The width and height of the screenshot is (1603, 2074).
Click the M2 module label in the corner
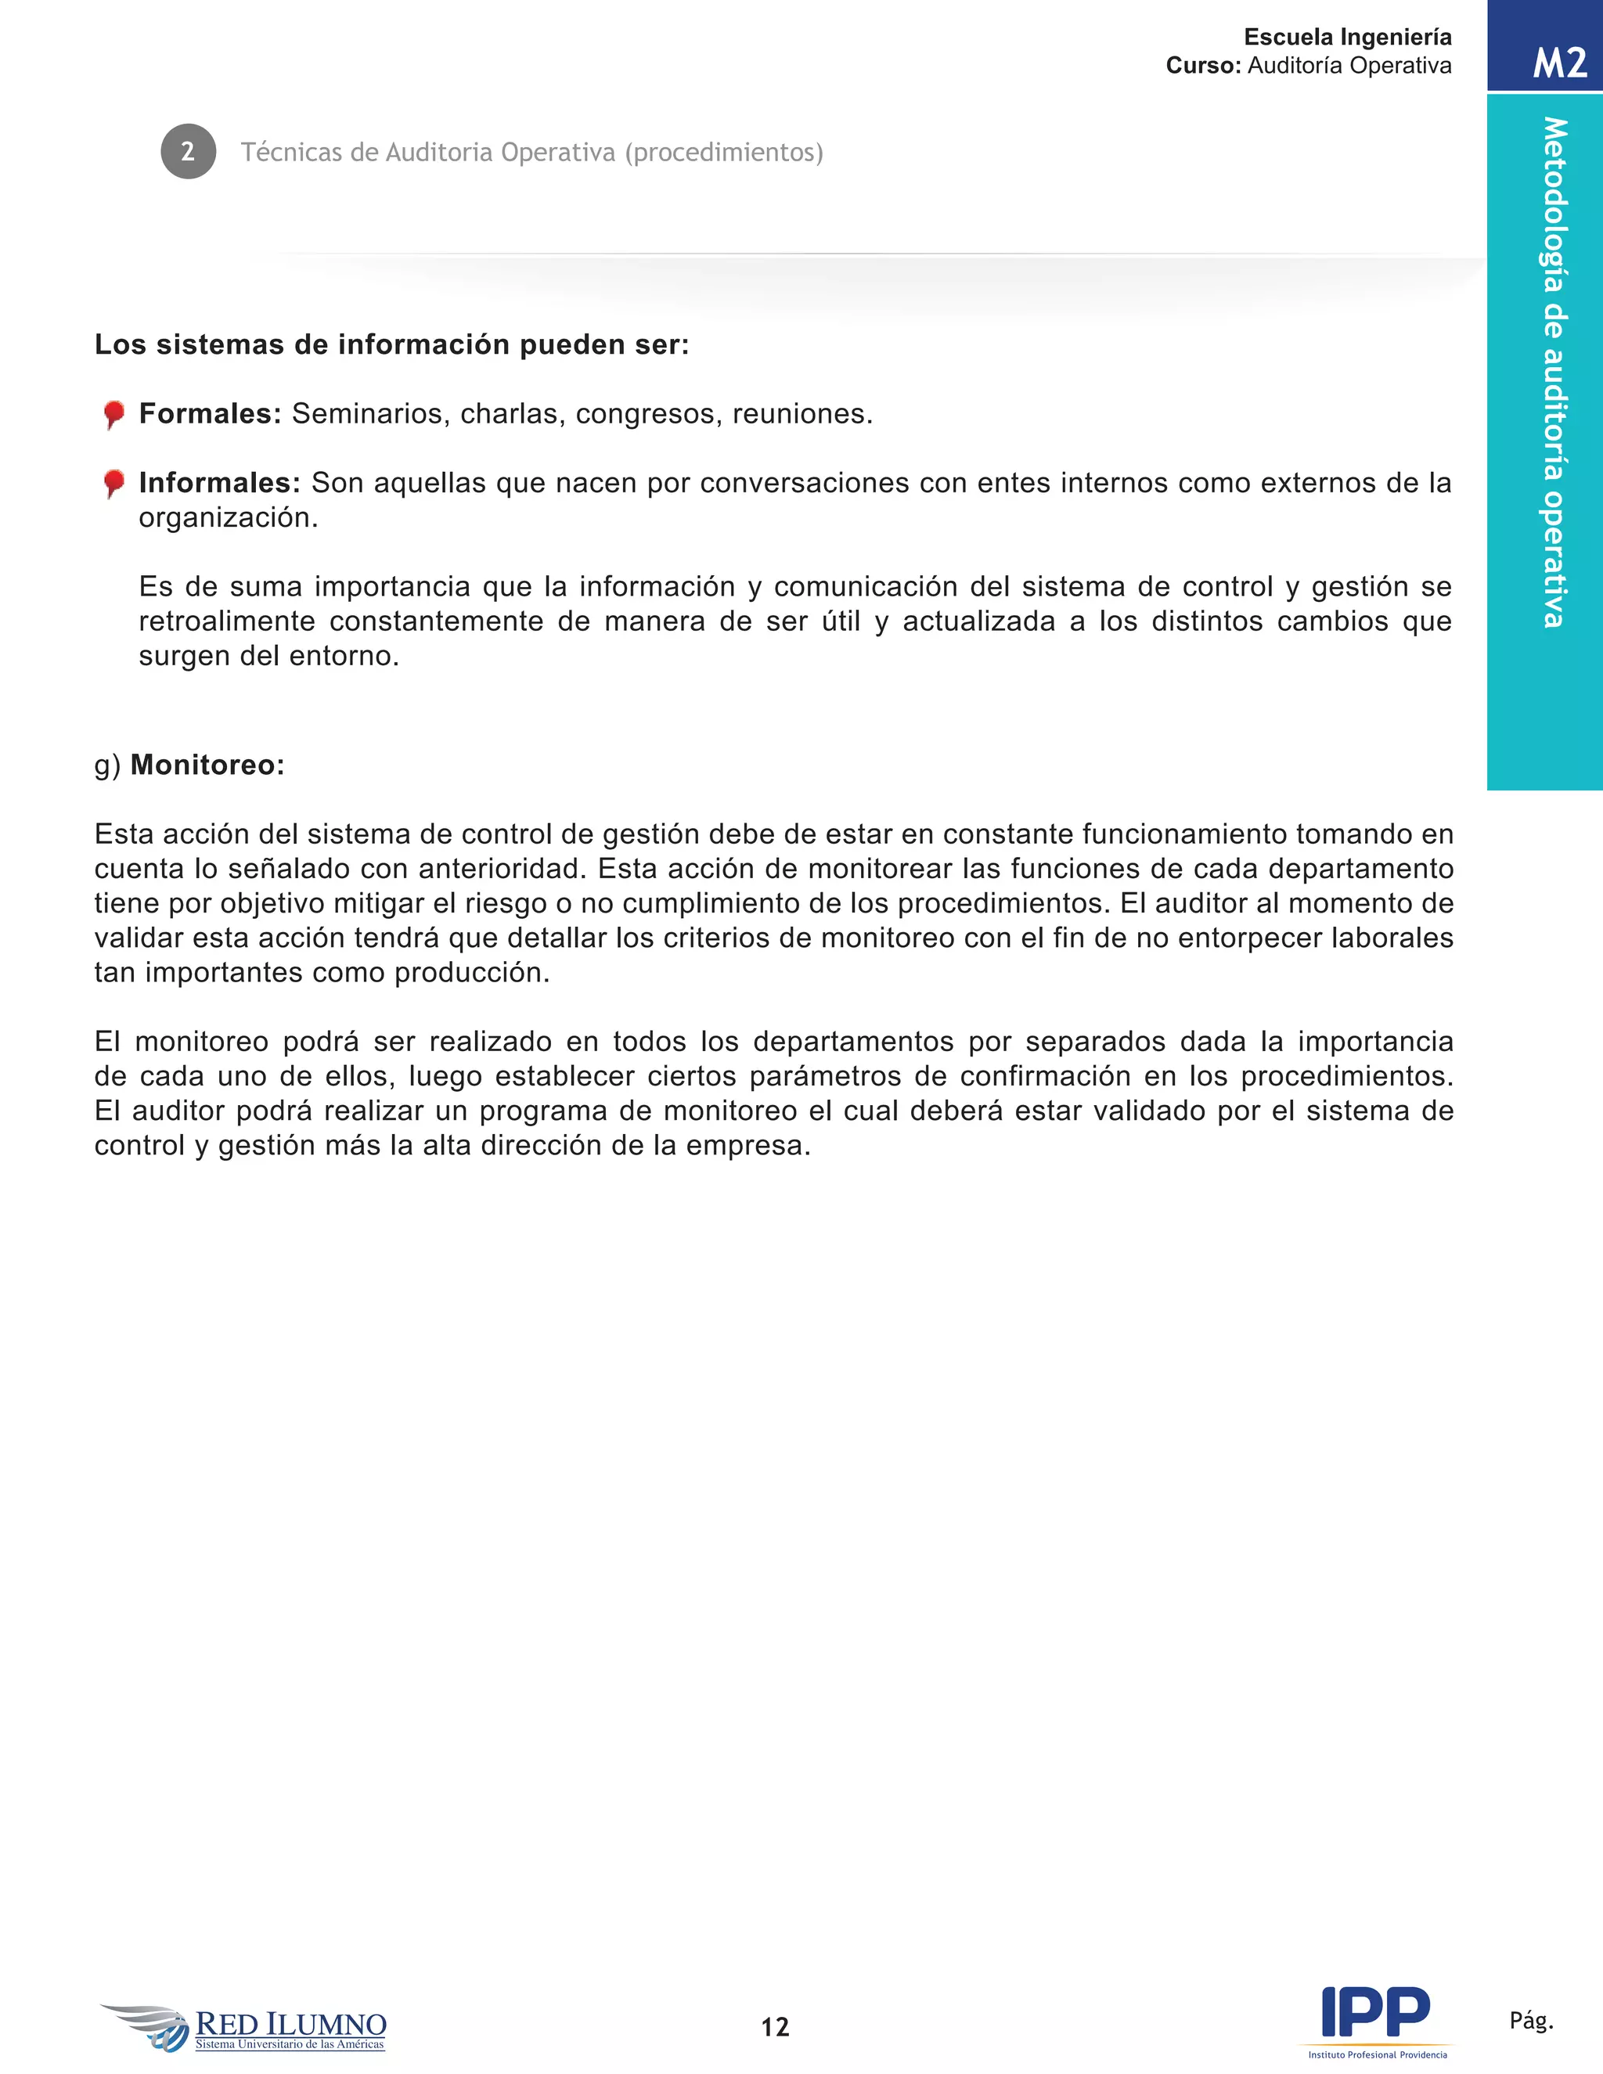pos(1559,63)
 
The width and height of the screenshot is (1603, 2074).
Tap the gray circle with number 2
pos(188,151)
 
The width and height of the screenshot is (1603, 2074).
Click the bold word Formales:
pos(210,414)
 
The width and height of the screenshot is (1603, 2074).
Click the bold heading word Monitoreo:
pos(207,765)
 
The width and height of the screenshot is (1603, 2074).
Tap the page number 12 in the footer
pos(775,2026)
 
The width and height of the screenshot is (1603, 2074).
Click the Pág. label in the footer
pos(1531,2020)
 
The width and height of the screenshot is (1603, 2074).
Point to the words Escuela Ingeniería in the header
pos(1348,37)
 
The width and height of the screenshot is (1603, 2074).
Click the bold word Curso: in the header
pos(1203,66)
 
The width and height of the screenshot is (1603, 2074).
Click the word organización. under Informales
pos(229,517)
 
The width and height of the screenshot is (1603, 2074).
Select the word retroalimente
pos(227,621)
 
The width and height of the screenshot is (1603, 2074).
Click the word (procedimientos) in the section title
pos(724,152)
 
